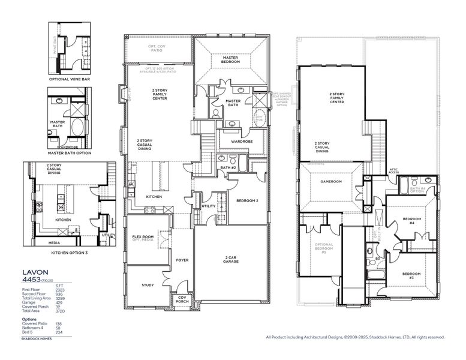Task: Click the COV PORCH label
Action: click(182, 300)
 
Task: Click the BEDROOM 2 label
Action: click(246, 200)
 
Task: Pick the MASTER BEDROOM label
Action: click(230, 59)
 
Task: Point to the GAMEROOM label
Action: click(331, 181)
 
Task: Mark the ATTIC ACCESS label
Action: click(394, 172)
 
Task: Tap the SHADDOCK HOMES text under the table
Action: click(37, 338)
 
